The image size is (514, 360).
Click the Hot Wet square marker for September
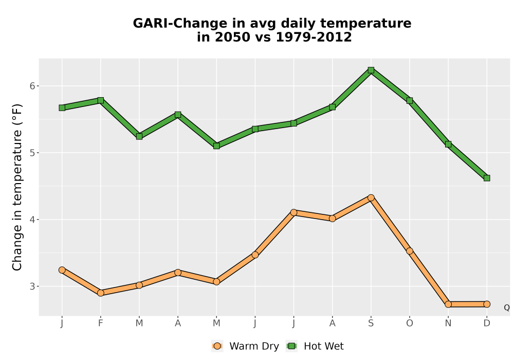pyautogui.click(x=371, y=70)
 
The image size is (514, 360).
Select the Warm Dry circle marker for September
pyautogui.click(x=371, y=197)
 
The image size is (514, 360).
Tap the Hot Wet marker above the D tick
pyautogui.click(x=487, y=178)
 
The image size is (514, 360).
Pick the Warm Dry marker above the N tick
pyautogui.click(x=448, y=304)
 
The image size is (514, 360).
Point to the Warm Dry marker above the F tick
pyautogui.click(x=101, y=293)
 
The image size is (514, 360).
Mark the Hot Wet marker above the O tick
pyautogui.click(x=410, y=100)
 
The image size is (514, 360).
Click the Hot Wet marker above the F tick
pyautogui.click(x=101, y=100)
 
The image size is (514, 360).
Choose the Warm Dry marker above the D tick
pyautogui.click(x=487, y=304)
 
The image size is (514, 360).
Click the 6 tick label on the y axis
pyautogui.click(x=32, y=86)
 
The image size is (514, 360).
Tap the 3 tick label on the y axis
pyautogui.click(x=32, y=286)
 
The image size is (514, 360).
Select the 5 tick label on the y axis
pyautogui.click(x=32, y=153)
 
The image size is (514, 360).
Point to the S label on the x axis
pyautogui.click(x=371, y=323)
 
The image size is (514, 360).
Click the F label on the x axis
pyautogui.click(x=101, y=323)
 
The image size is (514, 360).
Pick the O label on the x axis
pyautogui.click(x=410, y=323)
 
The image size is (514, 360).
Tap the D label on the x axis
pyautogui.click(x=487, y=323)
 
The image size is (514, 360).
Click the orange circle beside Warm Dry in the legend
pyautogui.click(x=217, y=346)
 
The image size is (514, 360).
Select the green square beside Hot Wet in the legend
pyautogui.click(x=291, y=346)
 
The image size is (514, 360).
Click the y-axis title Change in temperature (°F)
pyautogui.click(x=17, y=187)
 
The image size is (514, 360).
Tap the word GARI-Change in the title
pyautogui.click(x=180, y=24)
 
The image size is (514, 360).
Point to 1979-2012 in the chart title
pyautogui.click(x=314, y=37)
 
